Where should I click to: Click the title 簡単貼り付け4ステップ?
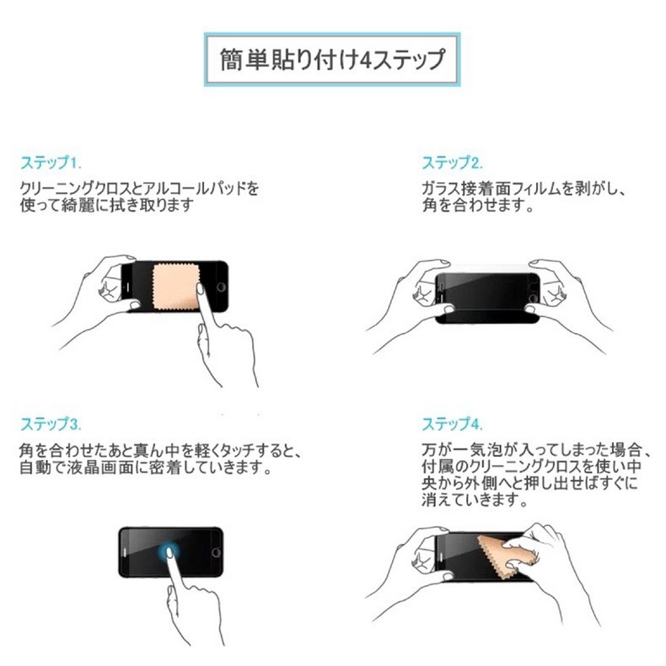tap(332, 59)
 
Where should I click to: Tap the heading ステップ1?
tap(51, 163)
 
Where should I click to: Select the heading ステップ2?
tap(452, 163)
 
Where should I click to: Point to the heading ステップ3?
tap(51, 423)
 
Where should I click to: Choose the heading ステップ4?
tap(452, 423)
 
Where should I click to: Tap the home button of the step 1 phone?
tap(221, 287)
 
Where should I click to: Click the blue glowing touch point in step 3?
tap(169, 551)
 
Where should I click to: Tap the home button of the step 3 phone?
tap(216, 552)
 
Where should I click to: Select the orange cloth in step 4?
tap(506, 554)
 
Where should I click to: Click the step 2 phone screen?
tap(487, 293)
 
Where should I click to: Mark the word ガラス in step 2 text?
tap(440, 188)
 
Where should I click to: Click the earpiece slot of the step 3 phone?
tap(125, 552)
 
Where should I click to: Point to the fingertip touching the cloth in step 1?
tap(199, 288)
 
